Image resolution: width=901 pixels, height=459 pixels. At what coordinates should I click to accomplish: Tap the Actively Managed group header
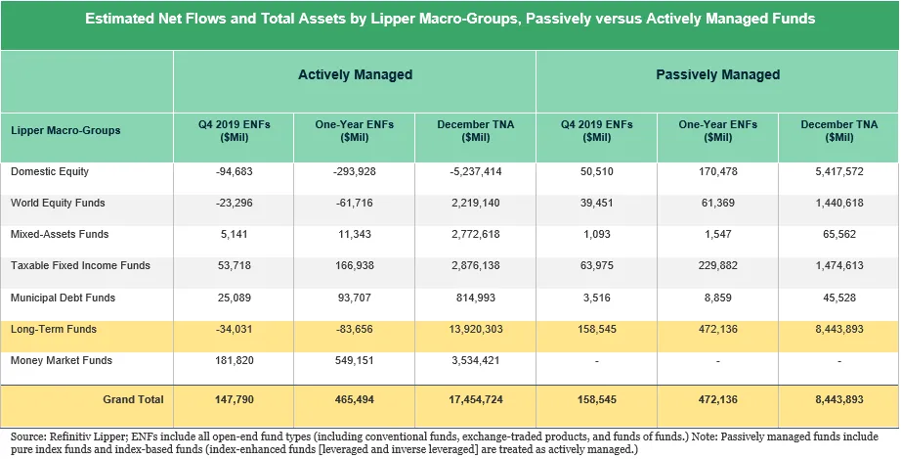[x=355, y=74]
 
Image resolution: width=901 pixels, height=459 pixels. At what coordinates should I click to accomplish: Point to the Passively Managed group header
[x=717, y=74]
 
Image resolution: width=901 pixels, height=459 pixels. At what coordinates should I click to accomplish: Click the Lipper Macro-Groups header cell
[x=65, y=131]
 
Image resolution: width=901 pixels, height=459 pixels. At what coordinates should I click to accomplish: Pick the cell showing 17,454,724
[x=475, y=399]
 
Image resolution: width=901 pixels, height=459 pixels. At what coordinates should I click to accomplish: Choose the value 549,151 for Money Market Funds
[x=355, y=361]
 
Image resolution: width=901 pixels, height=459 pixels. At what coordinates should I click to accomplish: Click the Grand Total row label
[x=133, y=399]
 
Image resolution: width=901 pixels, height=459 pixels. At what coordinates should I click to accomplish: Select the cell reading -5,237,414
[x=475, y=172]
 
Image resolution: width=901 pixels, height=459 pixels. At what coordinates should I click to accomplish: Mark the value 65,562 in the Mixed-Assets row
[x=838, y=235]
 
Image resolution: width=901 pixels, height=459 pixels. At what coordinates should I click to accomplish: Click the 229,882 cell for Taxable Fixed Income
[x=717, y=266]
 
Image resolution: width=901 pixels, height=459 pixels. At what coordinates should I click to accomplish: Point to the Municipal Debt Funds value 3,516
[x=597, y=298]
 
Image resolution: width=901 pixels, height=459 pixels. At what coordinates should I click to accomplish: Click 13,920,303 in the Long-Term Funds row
[x=475, y=330]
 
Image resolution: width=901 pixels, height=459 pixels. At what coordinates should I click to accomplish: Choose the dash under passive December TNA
[x=838, y=361]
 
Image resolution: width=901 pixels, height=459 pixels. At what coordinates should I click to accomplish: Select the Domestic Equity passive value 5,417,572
[x=838, y=172]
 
